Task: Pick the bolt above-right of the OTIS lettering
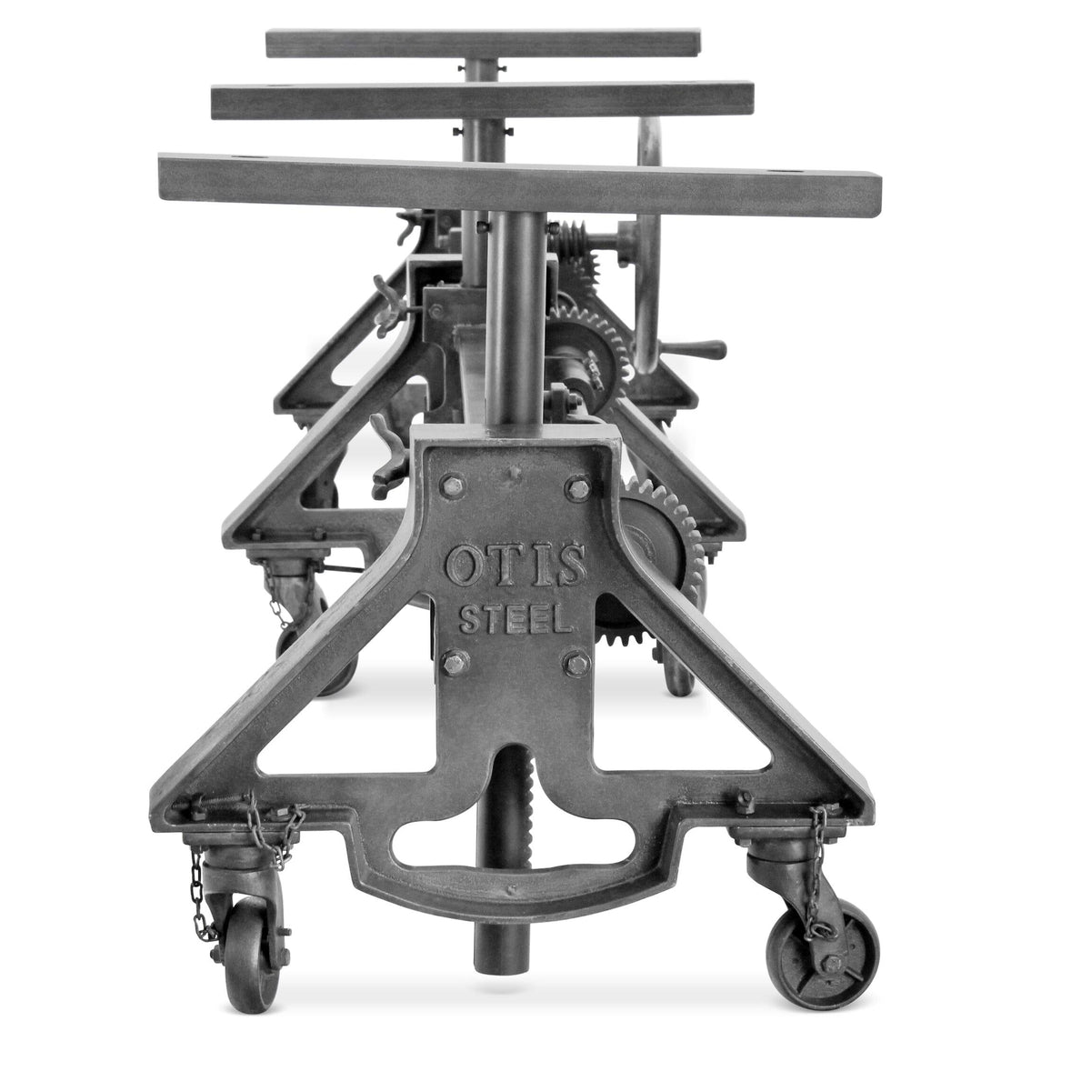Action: tap(576, 489)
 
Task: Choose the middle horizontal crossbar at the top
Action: tap(482, 99)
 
